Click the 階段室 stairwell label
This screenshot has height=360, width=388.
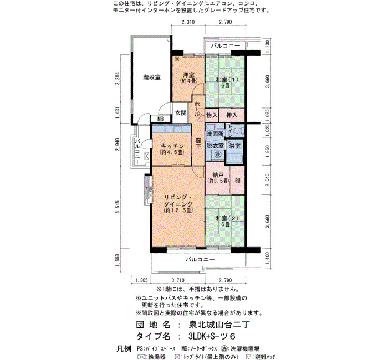[x=152, y=78]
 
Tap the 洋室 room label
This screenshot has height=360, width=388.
[x=188, y=74]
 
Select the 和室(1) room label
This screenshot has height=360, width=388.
[x=227, y=80]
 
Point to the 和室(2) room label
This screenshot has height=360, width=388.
[x=227, y=218]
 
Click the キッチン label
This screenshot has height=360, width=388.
[x=172, y=146]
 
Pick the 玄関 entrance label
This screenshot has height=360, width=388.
[x=181, y=113]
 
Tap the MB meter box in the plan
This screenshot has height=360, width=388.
[x=161, y=119]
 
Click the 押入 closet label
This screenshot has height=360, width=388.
[x=232, y=115]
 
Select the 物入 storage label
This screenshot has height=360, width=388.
[x=212, y=115]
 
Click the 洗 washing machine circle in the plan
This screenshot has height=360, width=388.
[x=218, y=155]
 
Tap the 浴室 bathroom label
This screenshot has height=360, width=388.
[x=234, y=146]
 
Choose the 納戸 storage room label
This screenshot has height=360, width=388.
[x=218, y=175]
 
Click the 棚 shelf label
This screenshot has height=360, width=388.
[x=237, y=180]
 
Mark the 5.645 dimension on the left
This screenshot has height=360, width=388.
[x=118, y=207]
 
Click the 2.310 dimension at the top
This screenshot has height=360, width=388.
[x=188, y=22]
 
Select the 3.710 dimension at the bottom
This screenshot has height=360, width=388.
[x=178, y=280]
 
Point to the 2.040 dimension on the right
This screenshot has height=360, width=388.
[x=268, y=180]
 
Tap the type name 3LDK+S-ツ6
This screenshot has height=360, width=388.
[x=212, y=336]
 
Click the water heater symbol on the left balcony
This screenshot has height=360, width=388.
[x=147, y=156]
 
